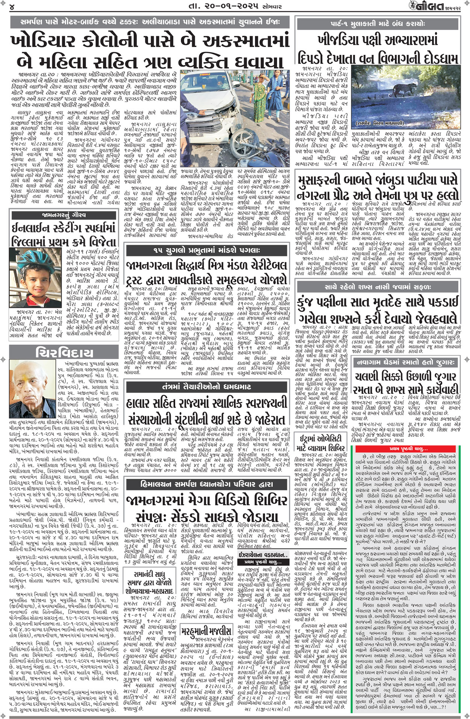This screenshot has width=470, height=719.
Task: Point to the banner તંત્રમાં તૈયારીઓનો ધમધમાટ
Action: pos(206,387)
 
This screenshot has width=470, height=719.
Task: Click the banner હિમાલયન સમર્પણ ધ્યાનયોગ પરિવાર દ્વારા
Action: pos(206,484)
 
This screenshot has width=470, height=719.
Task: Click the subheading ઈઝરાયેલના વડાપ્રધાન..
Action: pos(263,554)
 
